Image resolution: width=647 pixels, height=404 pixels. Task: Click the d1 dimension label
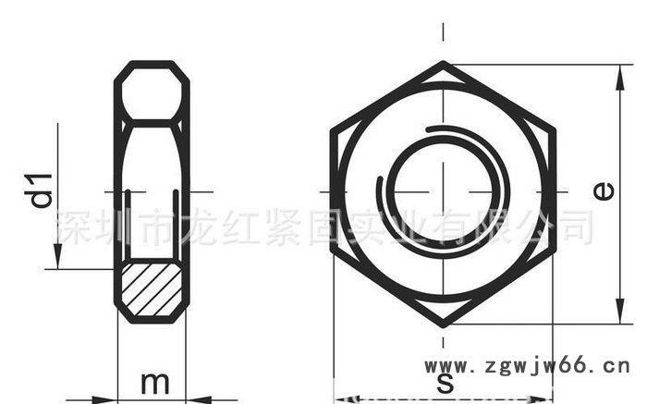coord(40,190)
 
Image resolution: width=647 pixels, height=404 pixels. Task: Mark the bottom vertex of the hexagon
coord(444,324)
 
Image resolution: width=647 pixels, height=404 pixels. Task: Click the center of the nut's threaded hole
coord(444,191)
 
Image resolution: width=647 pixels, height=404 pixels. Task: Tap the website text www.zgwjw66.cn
coord(527,366)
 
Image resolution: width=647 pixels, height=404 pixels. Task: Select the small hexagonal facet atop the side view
coord(153,93)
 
